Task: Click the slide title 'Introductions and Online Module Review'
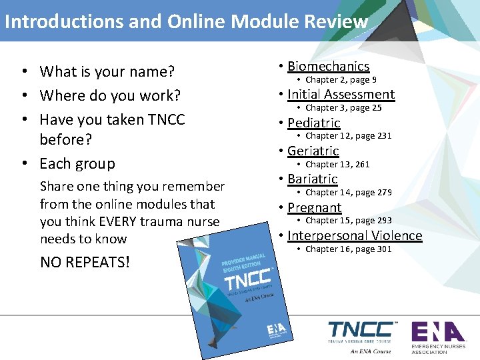(186, 21)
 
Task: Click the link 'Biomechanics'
(328, 66)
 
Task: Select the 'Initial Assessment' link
(341, 95)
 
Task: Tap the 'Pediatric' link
(313, 123)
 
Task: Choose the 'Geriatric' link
(313, 151)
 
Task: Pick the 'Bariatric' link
(312, 179)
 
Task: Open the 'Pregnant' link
(314, 207)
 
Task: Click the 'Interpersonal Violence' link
(355, 235)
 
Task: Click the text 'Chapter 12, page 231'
(348, 136)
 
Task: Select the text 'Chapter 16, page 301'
(348, 249)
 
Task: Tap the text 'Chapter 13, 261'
(337, 164)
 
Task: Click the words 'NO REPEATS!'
(85, 262)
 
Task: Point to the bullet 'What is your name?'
(107, 71)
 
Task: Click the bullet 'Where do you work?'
(110, 95)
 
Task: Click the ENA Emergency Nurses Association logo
(437, 337)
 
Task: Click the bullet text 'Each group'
(77, 163)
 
